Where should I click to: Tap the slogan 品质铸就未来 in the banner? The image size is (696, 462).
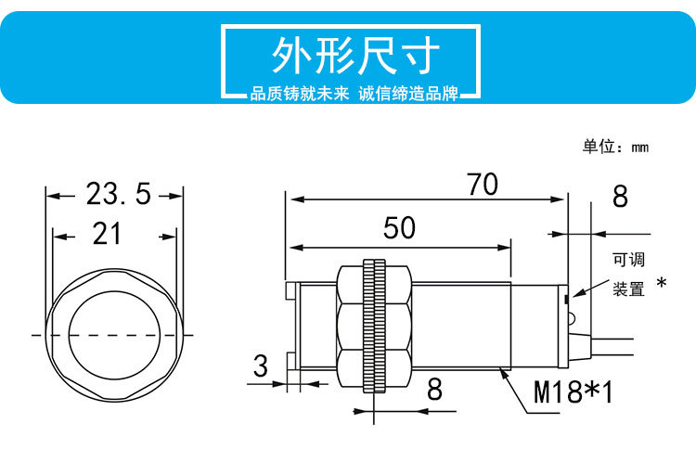(298, 96)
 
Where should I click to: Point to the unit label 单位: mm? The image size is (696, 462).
(614, 147)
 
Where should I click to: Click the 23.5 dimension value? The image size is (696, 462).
(118, 194)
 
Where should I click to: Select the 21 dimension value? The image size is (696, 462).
(108, 234)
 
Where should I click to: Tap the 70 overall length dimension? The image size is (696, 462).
(482, 185)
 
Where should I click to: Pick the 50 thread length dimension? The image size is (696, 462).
(400, 229)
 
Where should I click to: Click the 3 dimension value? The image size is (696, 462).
(261, 366)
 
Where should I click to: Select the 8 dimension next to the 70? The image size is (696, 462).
(620, 197)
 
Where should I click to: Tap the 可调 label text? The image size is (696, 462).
(627, 261)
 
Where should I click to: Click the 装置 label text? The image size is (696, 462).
(627, 289)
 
